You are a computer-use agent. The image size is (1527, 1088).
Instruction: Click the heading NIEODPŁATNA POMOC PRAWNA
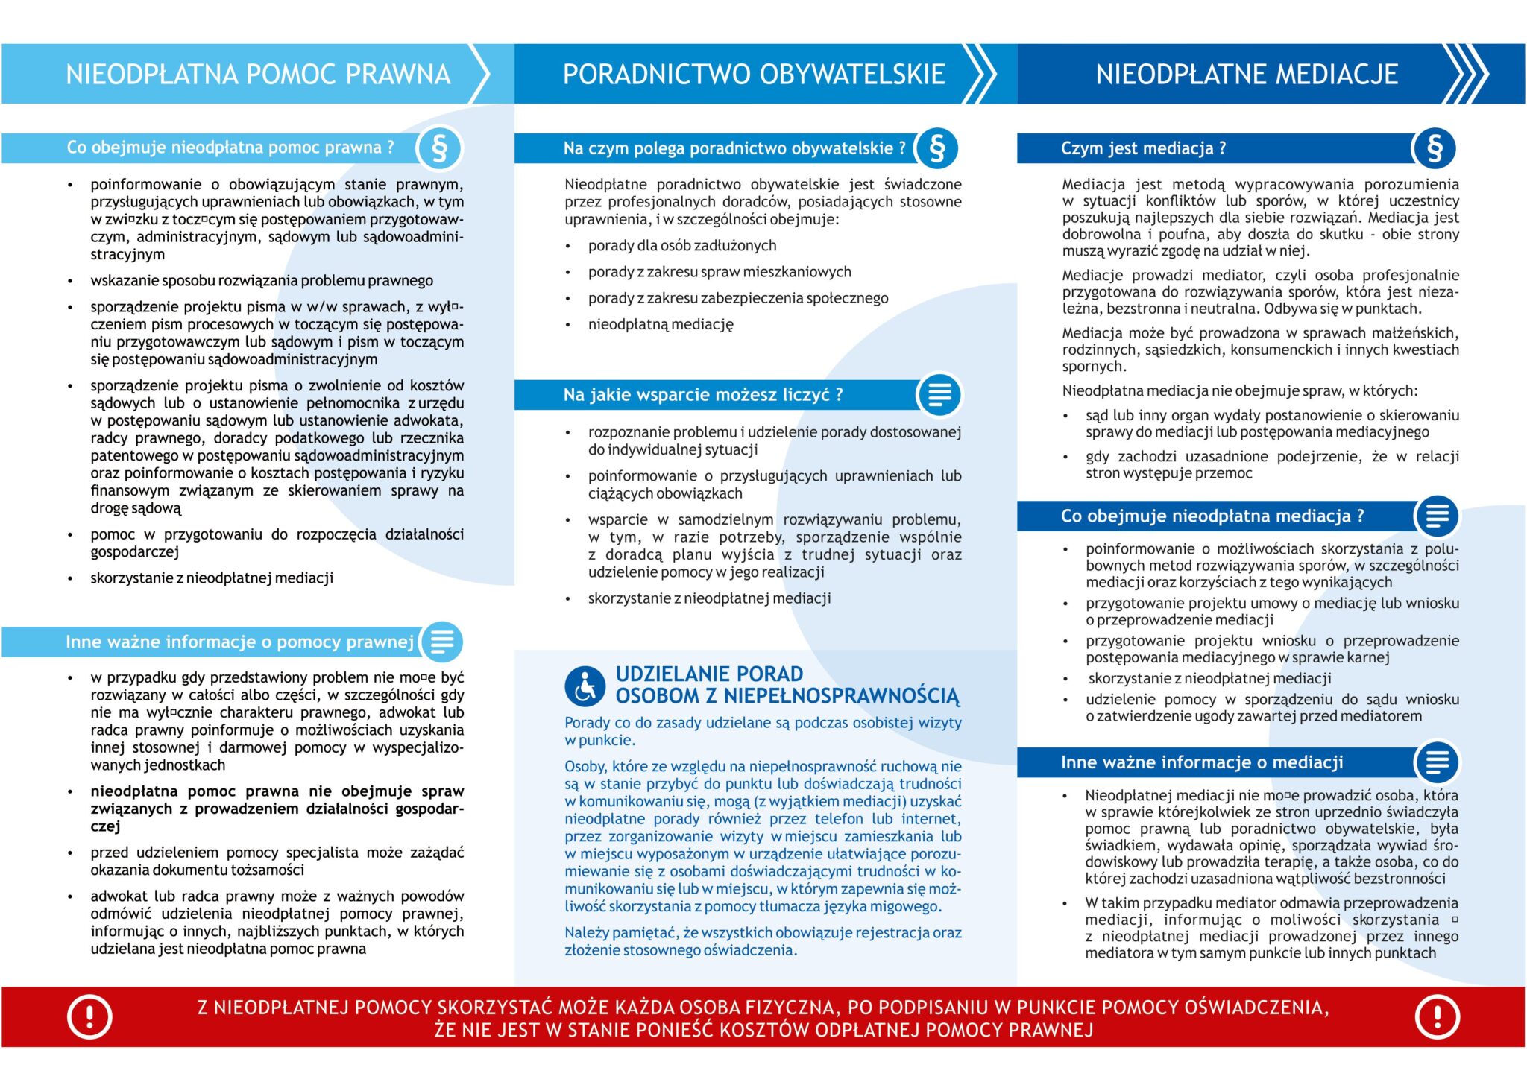click(x=258, y=75)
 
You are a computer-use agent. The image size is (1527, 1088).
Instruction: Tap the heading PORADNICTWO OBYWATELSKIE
click(x=754, y=75)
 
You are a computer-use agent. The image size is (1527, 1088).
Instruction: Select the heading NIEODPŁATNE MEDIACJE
click(x=1247, y=75)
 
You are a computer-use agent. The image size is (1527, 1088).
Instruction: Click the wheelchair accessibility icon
click(x=585, y=686)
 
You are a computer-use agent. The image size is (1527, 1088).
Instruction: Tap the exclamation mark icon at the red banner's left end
click(x=89, y=1017)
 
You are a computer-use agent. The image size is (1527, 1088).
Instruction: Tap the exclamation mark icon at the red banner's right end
click(x=1437, y=1017)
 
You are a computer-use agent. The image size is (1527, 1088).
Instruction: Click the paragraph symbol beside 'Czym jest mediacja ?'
click(x=1435, y=148)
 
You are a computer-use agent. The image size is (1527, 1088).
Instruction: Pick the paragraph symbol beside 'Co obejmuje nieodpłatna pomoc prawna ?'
click(x=440, y=148)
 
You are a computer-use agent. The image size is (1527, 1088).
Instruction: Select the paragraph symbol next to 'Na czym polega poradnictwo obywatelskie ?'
click(x=937, y=148)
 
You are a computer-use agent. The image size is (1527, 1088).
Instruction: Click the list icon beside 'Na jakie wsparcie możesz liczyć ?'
click(x=939, y=394)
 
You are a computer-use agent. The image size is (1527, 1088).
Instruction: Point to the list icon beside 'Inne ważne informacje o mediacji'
click(x=1437, y=762)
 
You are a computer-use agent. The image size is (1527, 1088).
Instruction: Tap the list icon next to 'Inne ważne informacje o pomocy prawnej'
click(x=442, y=642)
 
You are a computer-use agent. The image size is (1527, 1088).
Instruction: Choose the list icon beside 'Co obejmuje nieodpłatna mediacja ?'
click(x=1437, y=516)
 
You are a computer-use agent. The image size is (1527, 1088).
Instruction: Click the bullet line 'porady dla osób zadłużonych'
click(x=681, y=246)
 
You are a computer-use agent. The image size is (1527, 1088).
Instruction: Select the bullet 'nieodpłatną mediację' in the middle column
click(x=661, y=324)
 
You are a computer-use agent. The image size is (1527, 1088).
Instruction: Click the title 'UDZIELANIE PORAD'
click(x=709, y=674)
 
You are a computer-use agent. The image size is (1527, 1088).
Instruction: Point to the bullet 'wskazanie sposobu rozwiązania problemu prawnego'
click(x=262, y=281)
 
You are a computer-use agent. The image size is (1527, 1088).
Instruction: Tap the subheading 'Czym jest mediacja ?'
click(x=1143, y=148)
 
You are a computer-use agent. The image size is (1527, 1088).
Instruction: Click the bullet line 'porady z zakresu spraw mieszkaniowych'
click(x=720, y=272)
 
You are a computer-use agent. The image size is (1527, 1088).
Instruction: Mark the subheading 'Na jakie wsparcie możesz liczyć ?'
click(x=703, y=395)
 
